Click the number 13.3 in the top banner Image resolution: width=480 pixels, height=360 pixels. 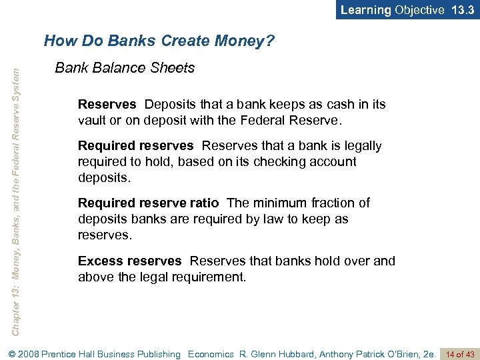pyautogui.click(x=463, y=9)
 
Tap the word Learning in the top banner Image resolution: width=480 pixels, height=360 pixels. pyautogui.click(x=366, y=9)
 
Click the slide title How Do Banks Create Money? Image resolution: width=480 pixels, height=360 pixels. pyautogui.click(x=159, y=41)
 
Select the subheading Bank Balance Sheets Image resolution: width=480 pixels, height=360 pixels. pyautogui.click(x=125, y=68)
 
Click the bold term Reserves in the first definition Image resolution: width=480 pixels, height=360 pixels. pyautogui.click(x=107, y=105)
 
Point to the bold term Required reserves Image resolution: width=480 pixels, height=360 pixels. pyautogui.click(x=136, y=145)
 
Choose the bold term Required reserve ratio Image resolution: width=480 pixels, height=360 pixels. pyautogui.click(x=148, y=203)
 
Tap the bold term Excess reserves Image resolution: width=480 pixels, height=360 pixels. pyautogui.click(x=129, y=261)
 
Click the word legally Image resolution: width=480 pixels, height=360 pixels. pyautogui.click(x=361, y=145)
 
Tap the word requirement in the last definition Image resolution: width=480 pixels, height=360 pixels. pyautogui.click(x=207, y=276)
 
